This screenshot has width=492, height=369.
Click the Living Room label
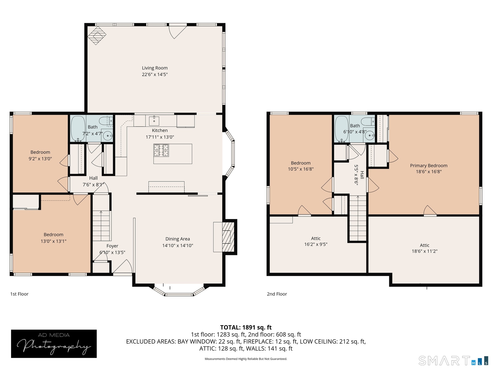pos(155,68)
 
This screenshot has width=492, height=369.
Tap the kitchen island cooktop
pos(161,150)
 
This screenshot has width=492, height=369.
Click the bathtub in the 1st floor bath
pos(78,129)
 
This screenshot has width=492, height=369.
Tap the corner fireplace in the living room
pos(97,35)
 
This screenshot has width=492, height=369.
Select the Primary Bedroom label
pos(429,166)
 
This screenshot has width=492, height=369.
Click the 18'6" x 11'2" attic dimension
pos(425,251)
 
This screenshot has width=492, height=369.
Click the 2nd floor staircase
pos(358,218)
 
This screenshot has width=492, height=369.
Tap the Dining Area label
pos(178,239)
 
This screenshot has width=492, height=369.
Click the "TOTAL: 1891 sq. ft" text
pos(246,327)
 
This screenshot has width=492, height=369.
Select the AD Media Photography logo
pos(54,344)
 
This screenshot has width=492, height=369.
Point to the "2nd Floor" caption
pos(277,294)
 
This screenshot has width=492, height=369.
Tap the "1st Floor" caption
pos(19,294)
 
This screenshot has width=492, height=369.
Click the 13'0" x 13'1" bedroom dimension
pos(54,241)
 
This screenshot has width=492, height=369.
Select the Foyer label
pos(112,246)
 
